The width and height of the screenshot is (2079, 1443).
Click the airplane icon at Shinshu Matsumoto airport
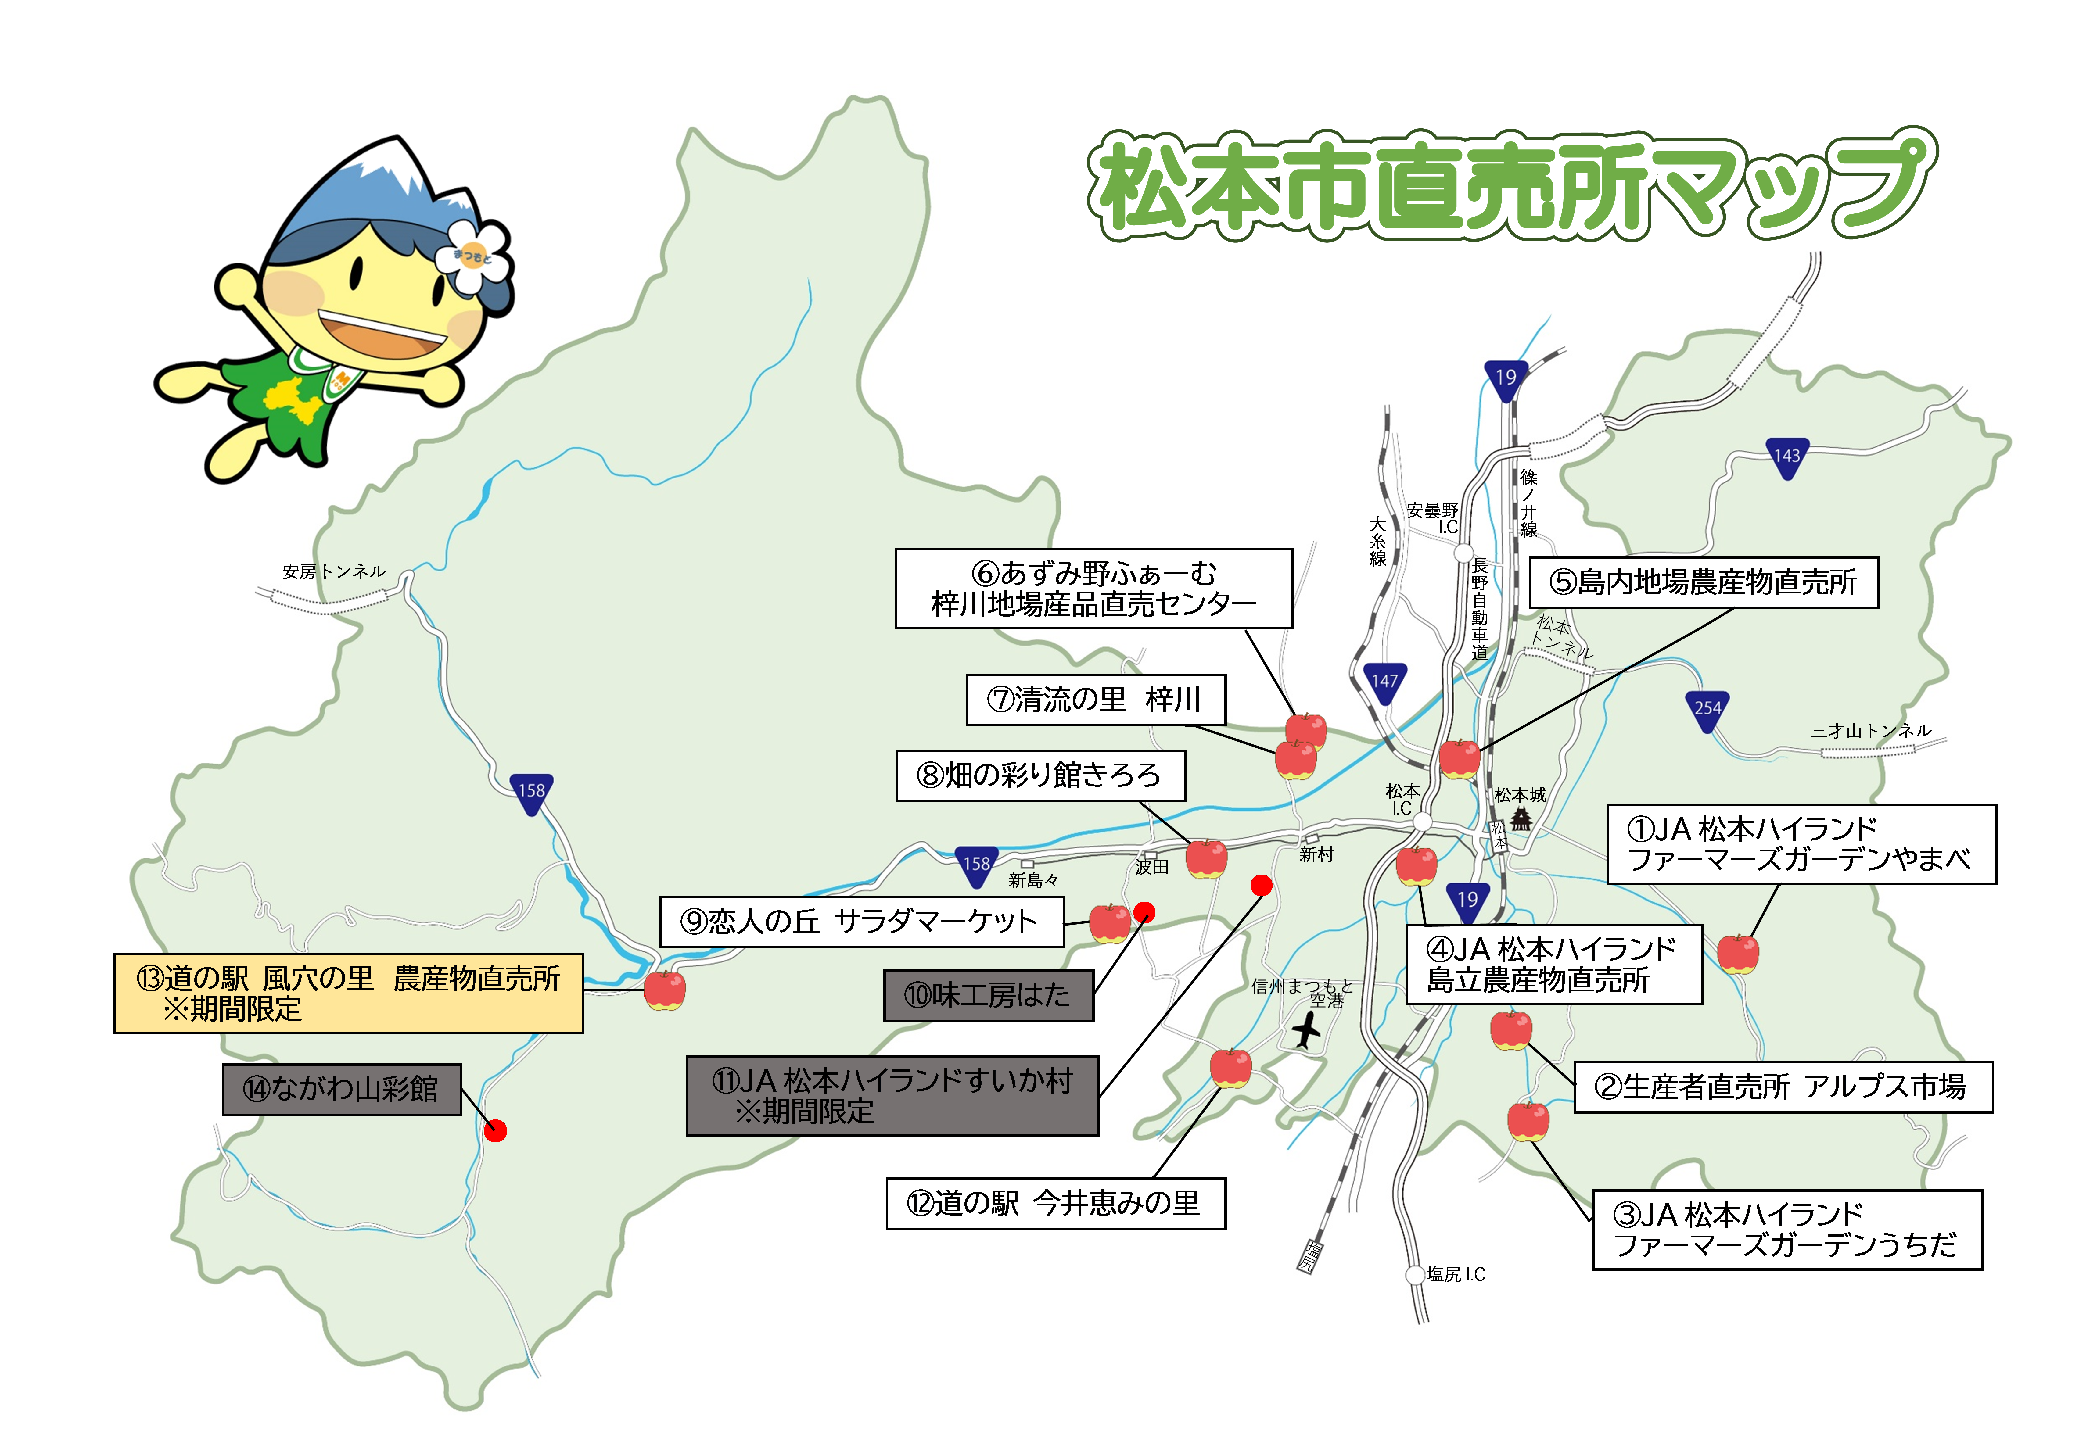pyautogui.click(x=1306, y=1031)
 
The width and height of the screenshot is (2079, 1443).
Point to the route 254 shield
pyautogui.click(x=1707, y=710)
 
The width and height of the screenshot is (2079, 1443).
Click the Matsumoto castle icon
pyautogui.click(x=1522, y=818)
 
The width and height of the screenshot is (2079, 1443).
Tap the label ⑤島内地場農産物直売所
pyautogui.click(x=1703, y=582)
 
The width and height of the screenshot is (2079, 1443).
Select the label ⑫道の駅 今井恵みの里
pyautogui.click(x=1055, y=1203)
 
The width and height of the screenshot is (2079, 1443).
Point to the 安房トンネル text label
pyautogui.click(x=334, y=571)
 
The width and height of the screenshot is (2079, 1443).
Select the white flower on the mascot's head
pyautogui.click(x=472, y=257)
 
